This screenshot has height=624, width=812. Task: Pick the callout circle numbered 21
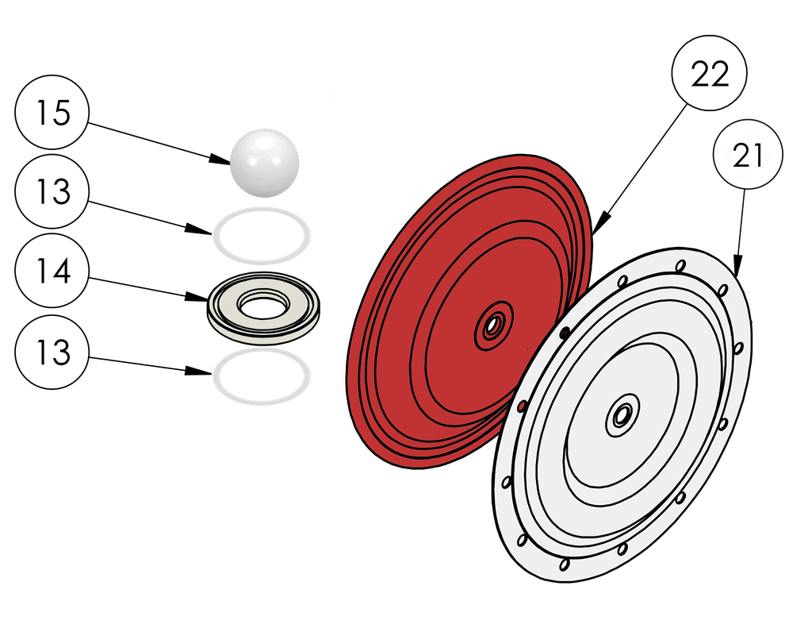(x=748, y=156)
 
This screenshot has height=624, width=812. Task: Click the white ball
(x=265, y=161)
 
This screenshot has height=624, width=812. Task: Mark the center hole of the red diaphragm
(x=494, y=325)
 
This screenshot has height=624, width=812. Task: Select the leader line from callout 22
(x=642, y=159)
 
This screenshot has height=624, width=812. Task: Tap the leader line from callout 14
(x=143, y=287)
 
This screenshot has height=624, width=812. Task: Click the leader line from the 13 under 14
(x=143, y=364)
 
